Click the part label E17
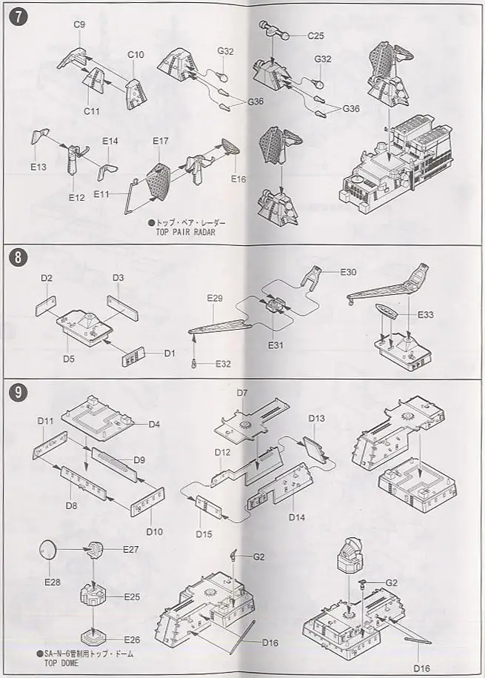tap(161, 142)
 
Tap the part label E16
tap(238, 179)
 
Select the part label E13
tap(39, 167)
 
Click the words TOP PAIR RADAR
tap(187, 230)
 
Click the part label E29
tap(215, 298)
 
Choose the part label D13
tap(316, 419)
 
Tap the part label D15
tap(205, 533)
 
